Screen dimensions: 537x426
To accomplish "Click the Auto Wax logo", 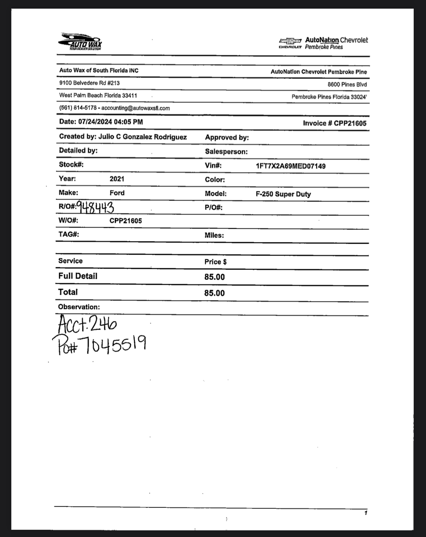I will (80, 41).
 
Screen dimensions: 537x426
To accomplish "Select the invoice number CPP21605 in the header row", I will (350, 123).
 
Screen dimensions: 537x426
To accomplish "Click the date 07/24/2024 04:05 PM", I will (111, 122).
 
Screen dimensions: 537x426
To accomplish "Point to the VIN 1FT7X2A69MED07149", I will (291, 166).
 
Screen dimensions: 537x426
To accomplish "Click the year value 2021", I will (117, 179).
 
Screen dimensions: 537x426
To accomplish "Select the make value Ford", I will (117, 193).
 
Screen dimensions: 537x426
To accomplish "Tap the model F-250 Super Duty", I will (283, 194).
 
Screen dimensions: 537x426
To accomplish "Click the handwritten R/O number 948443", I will (96, 207).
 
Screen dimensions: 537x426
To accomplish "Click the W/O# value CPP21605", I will (126, 221).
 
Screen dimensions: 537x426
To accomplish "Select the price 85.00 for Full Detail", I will (214, 277).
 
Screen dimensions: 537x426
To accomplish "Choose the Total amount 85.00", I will (214, 293).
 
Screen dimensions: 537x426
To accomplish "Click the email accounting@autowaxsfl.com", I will (135, 108).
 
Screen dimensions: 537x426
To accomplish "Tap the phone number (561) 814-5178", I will (78, 108).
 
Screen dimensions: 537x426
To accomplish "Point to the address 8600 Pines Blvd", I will (347, 85).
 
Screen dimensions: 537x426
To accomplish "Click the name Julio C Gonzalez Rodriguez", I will (143, 137).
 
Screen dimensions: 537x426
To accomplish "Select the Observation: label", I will (79, 307).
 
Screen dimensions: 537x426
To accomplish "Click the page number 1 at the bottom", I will (366, 513).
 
